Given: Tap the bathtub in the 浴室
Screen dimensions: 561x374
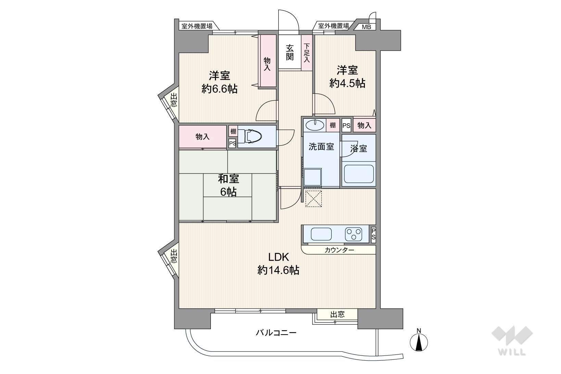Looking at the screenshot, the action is (x=359, y=174).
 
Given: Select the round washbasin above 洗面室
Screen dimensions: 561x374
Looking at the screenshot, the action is (x=315, y=125).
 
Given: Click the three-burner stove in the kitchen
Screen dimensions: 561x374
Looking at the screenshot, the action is (x=353, y=234).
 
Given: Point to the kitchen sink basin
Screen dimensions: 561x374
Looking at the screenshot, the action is (x=321, y=234).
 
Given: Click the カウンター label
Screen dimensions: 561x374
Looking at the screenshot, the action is (x=339, y=250).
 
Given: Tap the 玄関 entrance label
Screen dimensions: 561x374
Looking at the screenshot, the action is (x=290, y=53).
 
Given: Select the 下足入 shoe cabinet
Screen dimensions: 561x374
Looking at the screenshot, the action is (x=307, y=53).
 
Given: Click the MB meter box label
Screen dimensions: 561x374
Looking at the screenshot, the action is (x=366, y=27).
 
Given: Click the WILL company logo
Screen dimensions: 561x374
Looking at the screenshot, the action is (x=512, y=340).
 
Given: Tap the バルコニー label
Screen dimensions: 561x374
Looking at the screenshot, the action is (x=276, y=333).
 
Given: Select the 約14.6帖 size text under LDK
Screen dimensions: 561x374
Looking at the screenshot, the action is (x=278, y=270).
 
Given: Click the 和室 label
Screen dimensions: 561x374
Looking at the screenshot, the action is (x=228, y=179).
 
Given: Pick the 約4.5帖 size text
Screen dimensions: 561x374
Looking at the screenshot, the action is (x=347, y=83).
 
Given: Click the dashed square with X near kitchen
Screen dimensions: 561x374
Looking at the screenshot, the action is (x=313, y=199).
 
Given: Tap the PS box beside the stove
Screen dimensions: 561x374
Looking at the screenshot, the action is (x=373, y=234).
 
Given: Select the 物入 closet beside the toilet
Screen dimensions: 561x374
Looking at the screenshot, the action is (x=203, y=137).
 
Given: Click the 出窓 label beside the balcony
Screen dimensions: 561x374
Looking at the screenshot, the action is (x=337, y=314).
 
